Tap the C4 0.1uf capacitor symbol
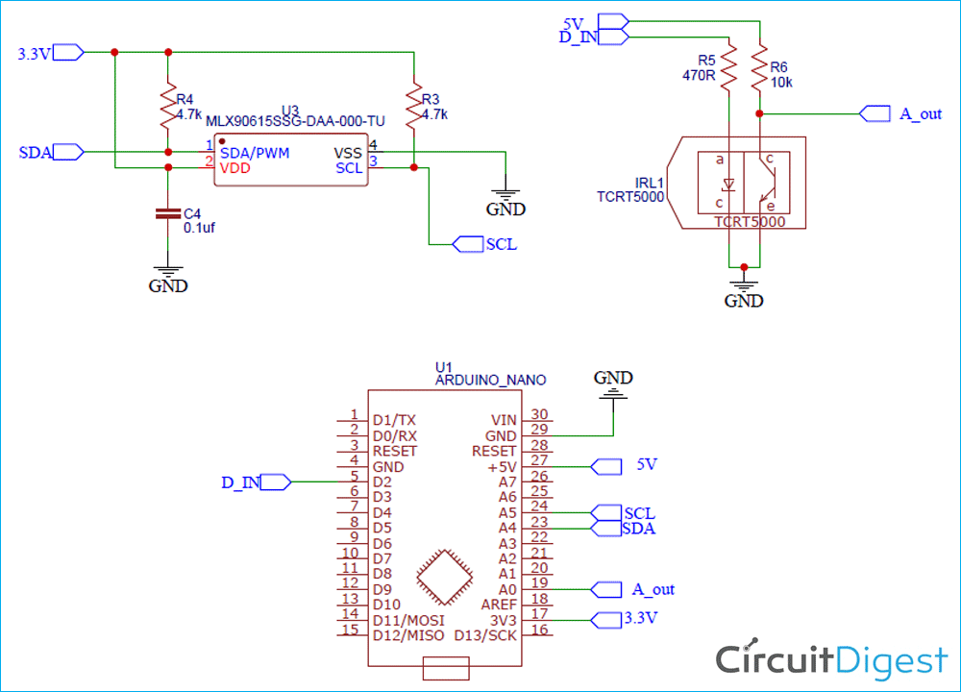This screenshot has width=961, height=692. click(168, 213)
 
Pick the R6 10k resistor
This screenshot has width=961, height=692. click(760, 67)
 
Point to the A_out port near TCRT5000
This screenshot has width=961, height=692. click(875, 113)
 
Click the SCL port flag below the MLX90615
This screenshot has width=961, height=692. click(467, 244)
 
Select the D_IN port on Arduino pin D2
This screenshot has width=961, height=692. click(274, 482)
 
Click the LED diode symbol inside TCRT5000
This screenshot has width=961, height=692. click(728, 183)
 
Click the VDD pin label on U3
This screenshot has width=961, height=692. click(235, 168)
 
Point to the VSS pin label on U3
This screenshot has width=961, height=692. click(348, 153)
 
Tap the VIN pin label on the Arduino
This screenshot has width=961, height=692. click(503, 420)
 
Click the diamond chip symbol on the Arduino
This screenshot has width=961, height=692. click(444, 580)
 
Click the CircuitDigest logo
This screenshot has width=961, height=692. click(831, 660)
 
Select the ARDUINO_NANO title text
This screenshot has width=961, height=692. click(479, 381)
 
